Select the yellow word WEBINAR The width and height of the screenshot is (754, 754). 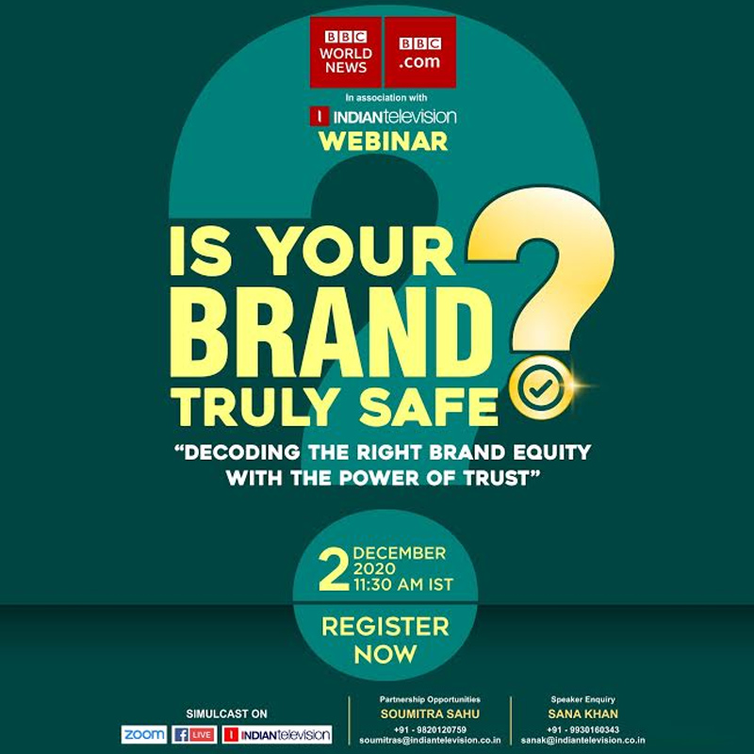[x=384, y=142]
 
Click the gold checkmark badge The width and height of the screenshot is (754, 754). [x=538, y=386]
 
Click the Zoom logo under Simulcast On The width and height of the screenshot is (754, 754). [x=144, y=734]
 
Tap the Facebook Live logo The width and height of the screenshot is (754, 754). [x=194, y=734]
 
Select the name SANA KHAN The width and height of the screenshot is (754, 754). [x=585, y=713]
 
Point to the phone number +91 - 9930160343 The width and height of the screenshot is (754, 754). [x=585, y=729]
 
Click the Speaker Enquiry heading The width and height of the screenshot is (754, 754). [x=585, y=699]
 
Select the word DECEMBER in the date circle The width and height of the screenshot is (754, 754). [x=399, y=553]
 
